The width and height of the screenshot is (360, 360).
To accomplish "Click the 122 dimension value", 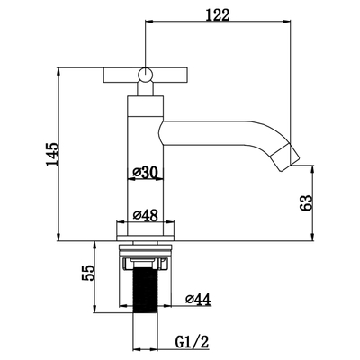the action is click(x=218, y=14).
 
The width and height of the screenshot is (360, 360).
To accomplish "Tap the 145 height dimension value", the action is click(x=51, y=155).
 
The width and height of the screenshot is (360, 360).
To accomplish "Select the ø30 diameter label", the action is click(x=146, y=173).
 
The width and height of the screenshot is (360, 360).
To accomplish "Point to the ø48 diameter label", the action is click(x=146, y=215).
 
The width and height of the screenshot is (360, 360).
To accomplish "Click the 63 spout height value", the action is click(x=306, y=203).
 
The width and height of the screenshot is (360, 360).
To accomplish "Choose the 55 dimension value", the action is click(x=88, y=273).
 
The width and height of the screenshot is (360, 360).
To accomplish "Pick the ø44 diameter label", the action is click(x=198, y=299).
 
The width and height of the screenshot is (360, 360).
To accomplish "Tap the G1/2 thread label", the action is click(x=192, y=341).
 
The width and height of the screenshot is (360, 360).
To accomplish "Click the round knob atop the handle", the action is click(x=145, y=75).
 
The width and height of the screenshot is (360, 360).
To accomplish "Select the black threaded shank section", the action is click(x=146, y=290).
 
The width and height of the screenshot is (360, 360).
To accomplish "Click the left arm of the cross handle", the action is click(x=121, y=75).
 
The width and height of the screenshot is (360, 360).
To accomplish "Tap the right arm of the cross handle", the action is click(x=170, y=75).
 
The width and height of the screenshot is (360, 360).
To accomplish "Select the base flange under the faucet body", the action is click(x=146, y=231).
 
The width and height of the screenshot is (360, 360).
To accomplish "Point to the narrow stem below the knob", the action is click(x=145, y=89).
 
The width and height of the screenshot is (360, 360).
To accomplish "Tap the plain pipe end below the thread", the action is click(x=146, y=330).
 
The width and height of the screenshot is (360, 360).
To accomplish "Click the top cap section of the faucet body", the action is click(x=146, y=106).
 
